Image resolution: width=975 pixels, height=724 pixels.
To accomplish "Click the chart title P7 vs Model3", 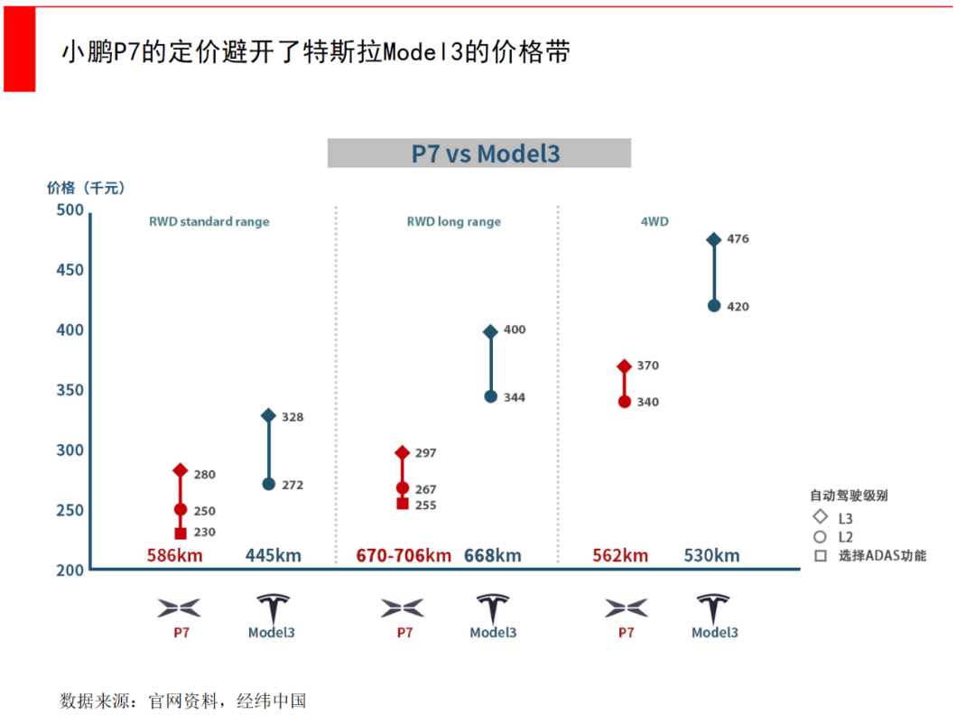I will [478, 153].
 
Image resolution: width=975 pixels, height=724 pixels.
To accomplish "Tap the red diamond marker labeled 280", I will [180, 470].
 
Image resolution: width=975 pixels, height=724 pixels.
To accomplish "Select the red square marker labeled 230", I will [180, 533].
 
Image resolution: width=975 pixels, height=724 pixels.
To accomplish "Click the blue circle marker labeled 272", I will [269, 484].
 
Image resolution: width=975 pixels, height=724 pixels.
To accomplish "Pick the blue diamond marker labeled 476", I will [714, 239].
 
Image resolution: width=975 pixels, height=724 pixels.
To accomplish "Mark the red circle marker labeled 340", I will [625, 402].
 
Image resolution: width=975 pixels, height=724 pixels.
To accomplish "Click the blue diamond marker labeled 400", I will [491, 331].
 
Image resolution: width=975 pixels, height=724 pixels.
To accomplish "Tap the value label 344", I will [515, 397].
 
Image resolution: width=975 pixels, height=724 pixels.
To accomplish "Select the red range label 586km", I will [175, 555].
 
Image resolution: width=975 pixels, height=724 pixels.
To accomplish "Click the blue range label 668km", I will [493, 555].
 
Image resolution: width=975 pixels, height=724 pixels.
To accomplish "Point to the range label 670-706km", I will [404, 555].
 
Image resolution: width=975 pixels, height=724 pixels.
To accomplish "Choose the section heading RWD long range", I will [453, 221].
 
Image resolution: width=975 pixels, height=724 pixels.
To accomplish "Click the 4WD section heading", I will [655, 221].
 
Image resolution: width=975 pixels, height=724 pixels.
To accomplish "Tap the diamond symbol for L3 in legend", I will [820, 517].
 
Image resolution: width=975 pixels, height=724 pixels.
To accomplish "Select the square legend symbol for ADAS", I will [820, 556].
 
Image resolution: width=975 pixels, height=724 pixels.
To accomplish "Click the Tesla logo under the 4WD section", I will [714, 607].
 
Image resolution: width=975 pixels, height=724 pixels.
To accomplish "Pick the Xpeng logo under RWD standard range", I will [180, 608].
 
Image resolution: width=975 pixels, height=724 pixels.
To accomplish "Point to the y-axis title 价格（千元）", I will [87, 188].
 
